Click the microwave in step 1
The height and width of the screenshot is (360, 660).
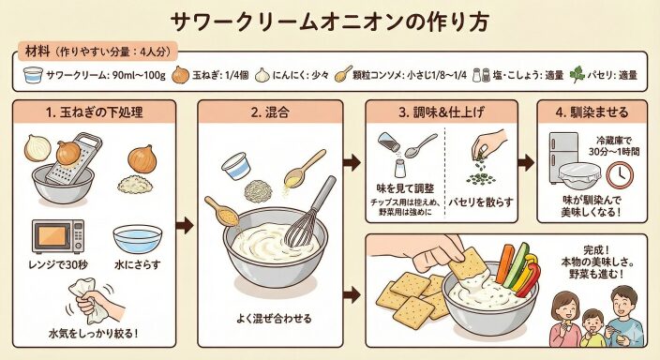[58, 236]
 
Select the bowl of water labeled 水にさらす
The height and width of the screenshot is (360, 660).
[137, 239]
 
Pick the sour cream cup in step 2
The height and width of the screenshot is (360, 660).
[236, 166]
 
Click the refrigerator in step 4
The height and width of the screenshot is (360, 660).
[563, 157]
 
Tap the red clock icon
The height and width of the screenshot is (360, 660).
[620, 175]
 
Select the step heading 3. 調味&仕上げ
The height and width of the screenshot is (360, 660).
[442, 112]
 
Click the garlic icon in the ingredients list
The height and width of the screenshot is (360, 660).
[262, 75]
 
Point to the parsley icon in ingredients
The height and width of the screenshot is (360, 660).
[577, 75]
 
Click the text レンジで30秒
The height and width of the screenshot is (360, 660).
[58, 264]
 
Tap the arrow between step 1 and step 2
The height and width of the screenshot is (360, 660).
[185, 226]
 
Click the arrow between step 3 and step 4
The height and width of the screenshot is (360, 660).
[526, 162]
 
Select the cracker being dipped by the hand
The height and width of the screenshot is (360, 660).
[468, 265]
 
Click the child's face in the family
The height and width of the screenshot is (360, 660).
[592, 321]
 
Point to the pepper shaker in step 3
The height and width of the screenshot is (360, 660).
[388, 142]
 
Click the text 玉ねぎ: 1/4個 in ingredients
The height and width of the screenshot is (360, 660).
[220, 75]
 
